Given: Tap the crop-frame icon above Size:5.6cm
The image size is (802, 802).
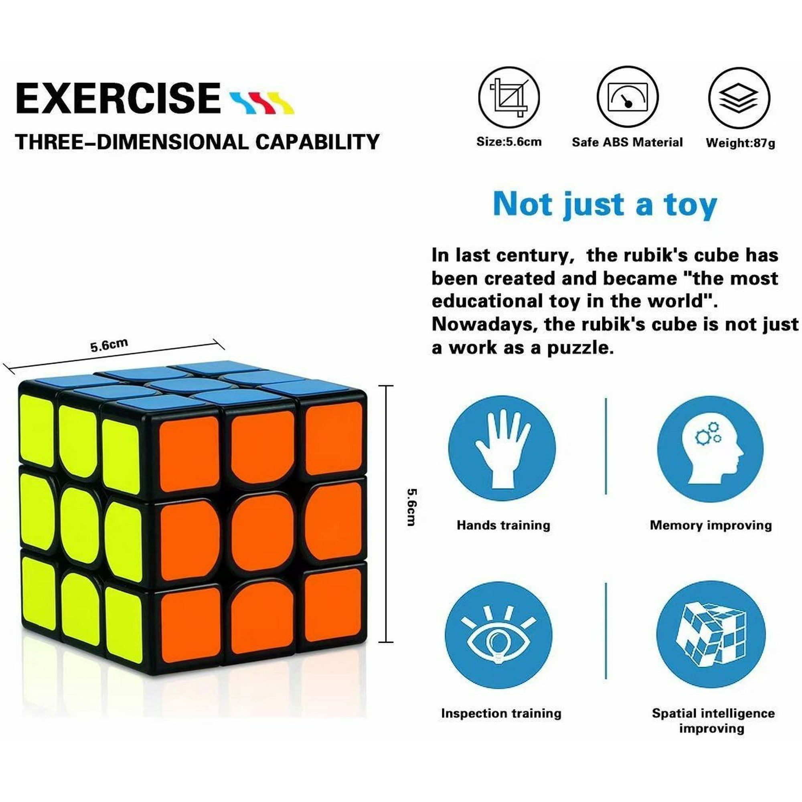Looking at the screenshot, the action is (x=509, y=97).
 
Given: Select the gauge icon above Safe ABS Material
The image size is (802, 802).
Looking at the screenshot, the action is (x=627, y=97).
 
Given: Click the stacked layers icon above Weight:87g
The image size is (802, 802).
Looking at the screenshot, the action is (x=739, y=98).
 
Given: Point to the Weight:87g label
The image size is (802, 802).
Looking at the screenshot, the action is (x=741, y=143).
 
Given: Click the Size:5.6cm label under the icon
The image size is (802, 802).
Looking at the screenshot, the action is (x=509, y=142).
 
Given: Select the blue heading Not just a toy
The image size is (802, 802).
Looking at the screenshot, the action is (x=605, y=205).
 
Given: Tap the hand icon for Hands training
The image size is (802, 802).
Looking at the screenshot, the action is (x=502, y=449).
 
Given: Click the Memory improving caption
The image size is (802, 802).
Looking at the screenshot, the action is (x=711, y=526).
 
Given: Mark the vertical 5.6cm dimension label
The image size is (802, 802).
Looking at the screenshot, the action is (x=411, y=507).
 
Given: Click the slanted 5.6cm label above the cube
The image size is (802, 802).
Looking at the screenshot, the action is (x=109, y=345).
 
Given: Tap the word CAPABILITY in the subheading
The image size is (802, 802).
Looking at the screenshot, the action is (x=317, y=142).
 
